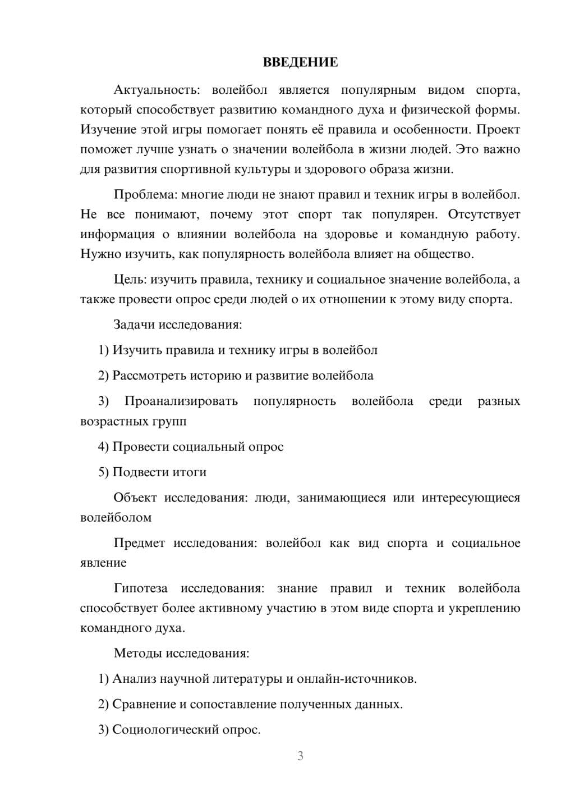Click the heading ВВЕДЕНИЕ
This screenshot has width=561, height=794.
pos(300,62)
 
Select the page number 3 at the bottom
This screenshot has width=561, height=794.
pos(300,756)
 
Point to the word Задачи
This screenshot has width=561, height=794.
pos(135,325)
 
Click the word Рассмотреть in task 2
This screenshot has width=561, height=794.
pos(148,376)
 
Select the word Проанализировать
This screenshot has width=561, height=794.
pos(181,401)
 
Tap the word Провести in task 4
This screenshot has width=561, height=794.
pos(141,447)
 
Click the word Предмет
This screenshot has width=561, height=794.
pos(139,543)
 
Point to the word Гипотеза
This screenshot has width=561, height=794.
pos(140,588)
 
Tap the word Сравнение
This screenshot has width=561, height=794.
pos(144,704)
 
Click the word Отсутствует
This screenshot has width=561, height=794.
pos(484,215)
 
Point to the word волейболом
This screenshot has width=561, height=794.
pos(116,518)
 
